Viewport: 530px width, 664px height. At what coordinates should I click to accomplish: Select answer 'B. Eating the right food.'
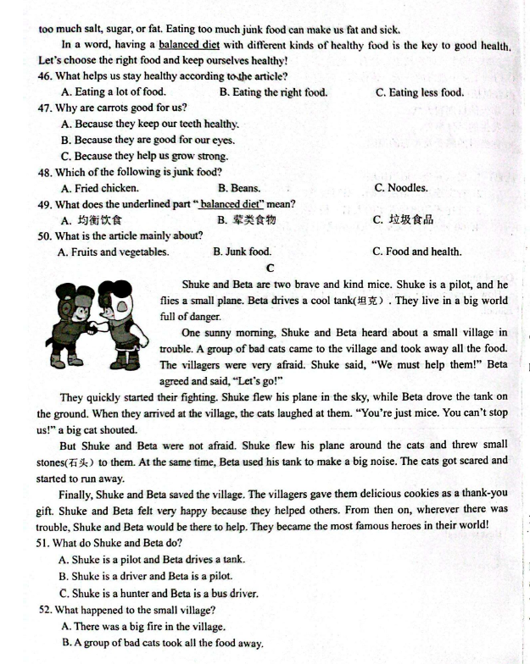[x=272, y=92]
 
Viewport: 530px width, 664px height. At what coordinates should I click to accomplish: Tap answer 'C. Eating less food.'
[x=419, y=92]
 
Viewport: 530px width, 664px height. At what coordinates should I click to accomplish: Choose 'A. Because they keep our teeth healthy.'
[x=150, y=124]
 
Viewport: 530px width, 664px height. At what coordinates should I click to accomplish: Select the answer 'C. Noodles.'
[x=400, y=188]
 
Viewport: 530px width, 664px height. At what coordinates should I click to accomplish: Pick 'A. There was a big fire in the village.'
[x=143, y=627]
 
